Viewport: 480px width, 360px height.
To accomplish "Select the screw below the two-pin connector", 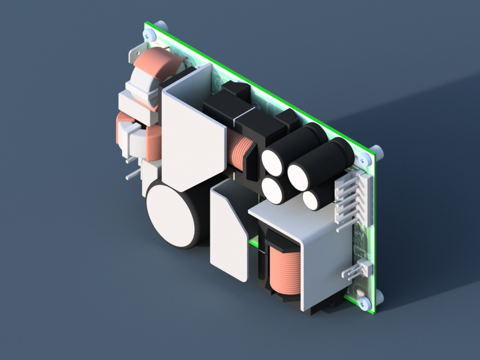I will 365,303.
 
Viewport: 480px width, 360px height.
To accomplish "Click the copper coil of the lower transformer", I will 285,270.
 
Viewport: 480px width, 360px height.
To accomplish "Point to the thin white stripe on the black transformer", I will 233,119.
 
